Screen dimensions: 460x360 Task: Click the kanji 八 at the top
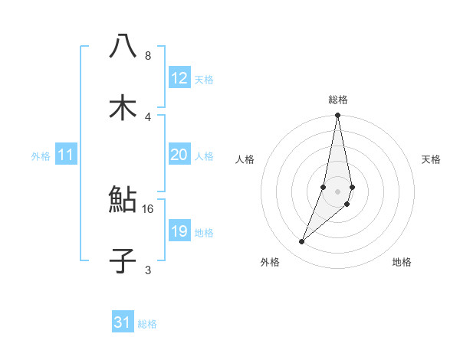coord(123,47)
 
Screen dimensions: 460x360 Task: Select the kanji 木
coord(123,107)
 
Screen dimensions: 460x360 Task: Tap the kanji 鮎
coord(123,201)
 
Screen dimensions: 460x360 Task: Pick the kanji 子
coord(123,261)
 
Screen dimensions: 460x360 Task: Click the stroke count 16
coord(148,208)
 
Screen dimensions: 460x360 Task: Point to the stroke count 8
coord(148,56)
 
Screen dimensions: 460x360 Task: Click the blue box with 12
coord(179,78)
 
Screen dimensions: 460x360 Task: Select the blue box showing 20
coord(179,155)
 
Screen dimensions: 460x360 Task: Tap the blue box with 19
coord(179,231)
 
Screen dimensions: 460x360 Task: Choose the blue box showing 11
coord(66,155)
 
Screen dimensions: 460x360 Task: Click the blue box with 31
coord(123,322)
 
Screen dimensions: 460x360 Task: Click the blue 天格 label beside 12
coord(204,80)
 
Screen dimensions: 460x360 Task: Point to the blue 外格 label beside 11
coord(41,156)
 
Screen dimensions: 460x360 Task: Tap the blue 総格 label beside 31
coord(147,324)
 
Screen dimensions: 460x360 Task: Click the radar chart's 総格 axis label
coord(338,100)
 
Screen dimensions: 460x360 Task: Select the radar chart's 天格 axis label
coord(432,159)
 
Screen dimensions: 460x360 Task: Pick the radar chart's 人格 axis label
coord(245,159)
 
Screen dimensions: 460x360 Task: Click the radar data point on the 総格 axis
coord(338,116)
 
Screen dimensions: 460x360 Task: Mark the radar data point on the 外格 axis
coord(301,242)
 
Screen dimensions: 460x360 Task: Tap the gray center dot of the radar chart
coord(338,191)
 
